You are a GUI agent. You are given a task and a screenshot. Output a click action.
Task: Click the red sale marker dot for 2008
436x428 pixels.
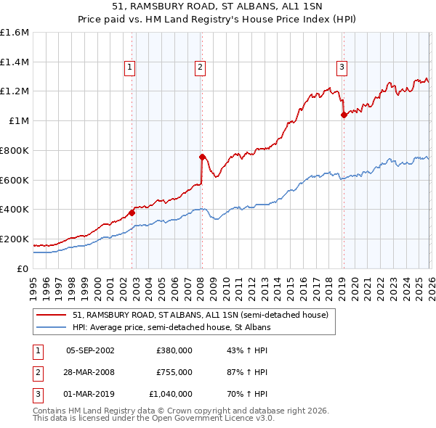coord(202,156)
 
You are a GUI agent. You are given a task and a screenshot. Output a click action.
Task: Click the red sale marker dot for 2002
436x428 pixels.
coord(132,213)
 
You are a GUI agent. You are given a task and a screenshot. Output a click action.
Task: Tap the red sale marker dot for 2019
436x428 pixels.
coord(343,115)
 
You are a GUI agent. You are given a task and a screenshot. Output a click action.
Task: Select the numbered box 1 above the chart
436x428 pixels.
coord(129,67)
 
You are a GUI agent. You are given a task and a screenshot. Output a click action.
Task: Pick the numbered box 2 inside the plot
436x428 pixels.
coord(200,67)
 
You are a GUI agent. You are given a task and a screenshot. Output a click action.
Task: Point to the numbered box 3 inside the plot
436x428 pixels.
coord(341,67)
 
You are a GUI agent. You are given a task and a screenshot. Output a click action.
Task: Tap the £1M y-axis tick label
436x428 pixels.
coord(19,121)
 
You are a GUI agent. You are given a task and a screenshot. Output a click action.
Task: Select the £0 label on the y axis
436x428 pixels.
coord(23,268)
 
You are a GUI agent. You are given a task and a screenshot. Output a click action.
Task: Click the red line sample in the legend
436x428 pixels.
coord(52,315)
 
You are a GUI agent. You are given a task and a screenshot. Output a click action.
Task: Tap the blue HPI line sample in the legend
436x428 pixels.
coord(52,327)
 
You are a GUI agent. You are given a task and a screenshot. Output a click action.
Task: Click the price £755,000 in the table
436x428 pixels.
coord(174,371)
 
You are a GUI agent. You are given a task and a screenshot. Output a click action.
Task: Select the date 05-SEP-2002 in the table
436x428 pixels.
coord(90,350)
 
